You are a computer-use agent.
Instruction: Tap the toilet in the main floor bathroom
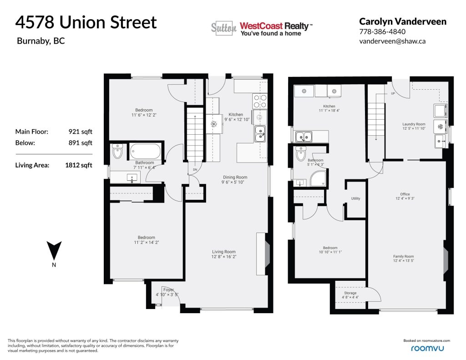pyautogui.click(x=118, y=151)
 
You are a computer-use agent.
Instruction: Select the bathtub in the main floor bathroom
pyautogui.click(x=145, y=151)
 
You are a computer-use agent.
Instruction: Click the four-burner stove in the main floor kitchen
pyautogui.click(x=260, y=101)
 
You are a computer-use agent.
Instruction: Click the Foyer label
pyautogui.click(x=168, y=289)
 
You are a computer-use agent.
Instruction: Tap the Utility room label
pyautogui.click(x=355, y=198)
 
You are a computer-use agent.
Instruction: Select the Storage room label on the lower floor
pyautogui.click(x=350, y=293)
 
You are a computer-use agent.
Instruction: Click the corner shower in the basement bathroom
pyautogui.click(x=318, y=178)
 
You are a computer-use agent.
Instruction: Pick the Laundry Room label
pyautogui.click(x=414, y=124)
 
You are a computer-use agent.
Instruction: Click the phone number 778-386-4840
pyautogui.click(x=382, y=31)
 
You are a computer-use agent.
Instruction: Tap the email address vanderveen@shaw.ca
pyautogui.click(x=392, y=41)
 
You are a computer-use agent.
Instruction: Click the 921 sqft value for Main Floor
pyautogui.click(x=80, y=132)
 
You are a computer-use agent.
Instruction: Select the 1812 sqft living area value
pyautogui.click(x=78, y=165)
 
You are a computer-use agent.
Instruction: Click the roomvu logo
pyautogui.click(x=427, y=348)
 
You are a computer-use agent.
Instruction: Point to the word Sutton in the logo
pyautogui.click(x=224, y=28)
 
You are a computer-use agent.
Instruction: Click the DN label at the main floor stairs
pyautogui.click(x=195, y=170)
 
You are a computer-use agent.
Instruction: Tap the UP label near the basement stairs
pyautogui.click(x=393, y=93)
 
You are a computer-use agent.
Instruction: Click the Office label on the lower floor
pyautogui.click(x=405, y=194)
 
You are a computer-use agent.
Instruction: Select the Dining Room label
pyautogui.click(x=235, y=177)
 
